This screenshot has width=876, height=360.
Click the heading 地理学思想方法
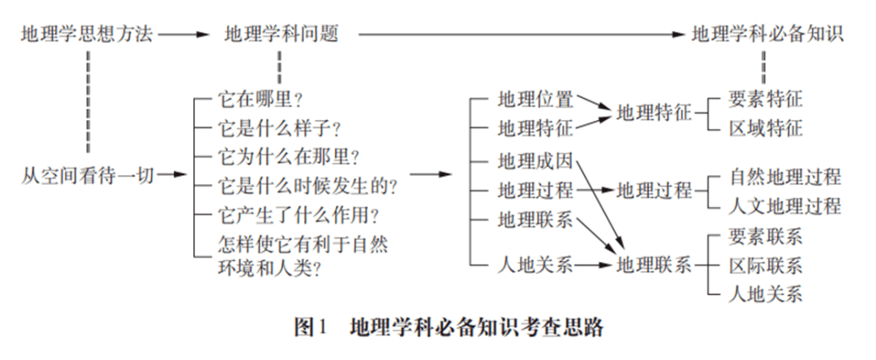coord(87,35)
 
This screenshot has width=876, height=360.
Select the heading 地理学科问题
coord(281,35)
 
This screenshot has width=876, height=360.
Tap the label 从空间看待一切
coord(87,176)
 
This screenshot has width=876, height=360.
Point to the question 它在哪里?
coord(260,100)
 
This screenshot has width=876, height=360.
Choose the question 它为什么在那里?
coord(288,157)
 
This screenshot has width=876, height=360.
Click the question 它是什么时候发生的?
coord(307,186)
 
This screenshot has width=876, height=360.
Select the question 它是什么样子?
coord(279,129)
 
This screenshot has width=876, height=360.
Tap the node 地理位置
coord(535,100)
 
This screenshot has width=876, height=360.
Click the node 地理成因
coord(535,161)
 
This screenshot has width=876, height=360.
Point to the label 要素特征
coord(766,100)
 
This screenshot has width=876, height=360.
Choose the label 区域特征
coord(766,128)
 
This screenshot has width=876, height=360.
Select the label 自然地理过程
coord(784,177)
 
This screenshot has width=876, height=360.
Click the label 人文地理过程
coord(784,206)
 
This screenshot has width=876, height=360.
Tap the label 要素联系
coord(766,237)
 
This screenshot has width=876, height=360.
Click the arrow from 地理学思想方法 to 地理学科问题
coord(183,35)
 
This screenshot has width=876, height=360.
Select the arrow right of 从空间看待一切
coord(171,175)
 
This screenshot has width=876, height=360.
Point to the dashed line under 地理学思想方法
coord(88,101)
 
